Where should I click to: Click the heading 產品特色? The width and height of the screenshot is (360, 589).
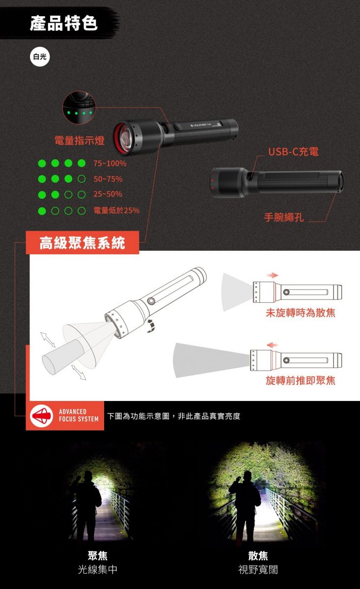pyautogui.click(x=64, y=23)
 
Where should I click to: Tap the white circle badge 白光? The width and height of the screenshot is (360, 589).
pyautogui.click(x=40, y=56)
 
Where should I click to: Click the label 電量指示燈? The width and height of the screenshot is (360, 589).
pyautogui.click(x=79, y=140)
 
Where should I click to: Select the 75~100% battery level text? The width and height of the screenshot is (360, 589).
pyautogui.click(x=110, y=163)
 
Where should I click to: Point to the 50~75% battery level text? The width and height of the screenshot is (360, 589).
pyautogui.click(x=108, y=179)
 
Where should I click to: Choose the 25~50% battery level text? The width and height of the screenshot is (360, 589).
pyautogui.click(x=108, y=194)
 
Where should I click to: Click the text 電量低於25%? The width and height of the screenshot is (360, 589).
pyautogui.click(x=116, y=211)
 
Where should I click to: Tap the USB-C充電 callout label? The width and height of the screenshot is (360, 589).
pyautogui.click(x=293, y=152)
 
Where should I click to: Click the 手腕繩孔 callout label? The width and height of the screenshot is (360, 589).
pyautogui.click(x=284, y=217)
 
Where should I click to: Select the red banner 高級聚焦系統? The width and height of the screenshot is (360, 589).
pyautogui.click(x=83, y=242)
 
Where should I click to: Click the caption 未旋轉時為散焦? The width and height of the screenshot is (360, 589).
pyautogui.click(x=301, y=313)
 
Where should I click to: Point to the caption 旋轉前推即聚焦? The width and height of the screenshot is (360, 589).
pyautogui.click(x=301, y=380)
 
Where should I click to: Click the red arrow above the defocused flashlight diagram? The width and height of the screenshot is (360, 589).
pyautogui.click(x=272, y=275)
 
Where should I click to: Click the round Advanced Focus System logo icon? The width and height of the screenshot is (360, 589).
pyautogui.click(x=41, y=415)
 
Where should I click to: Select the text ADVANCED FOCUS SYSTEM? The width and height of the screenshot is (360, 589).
pyautogui.click(x=79, y=415)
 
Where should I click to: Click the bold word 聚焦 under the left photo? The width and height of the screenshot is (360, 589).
pyautogui.click(x=97, y=556)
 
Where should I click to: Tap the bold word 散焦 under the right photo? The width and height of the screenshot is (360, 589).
pyautogui.click(x=258, y=556)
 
